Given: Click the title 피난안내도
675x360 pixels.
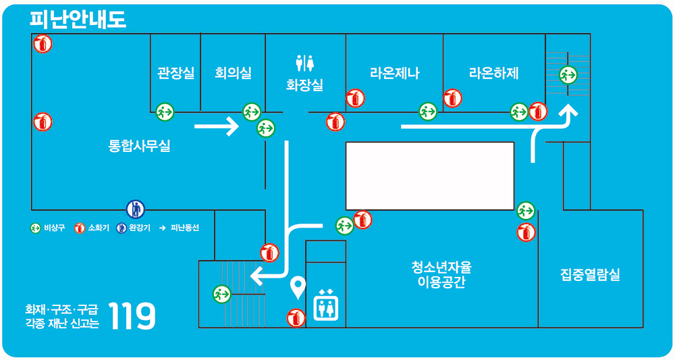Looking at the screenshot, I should click(x=78, y=19).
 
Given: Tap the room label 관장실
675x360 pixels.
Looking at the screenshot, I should click(x=175, y=72).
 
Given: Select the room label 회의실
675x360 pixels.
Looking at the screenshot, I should click(x=233, y=72).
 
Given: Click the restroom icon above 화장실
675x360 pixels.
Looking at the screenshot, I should click(x=305, y=63).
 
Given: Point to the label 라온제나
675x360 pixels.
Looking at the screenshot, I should click(x=394, y=73).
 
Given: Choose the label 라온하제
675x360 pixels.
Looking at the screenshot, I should click(x=493, y=73).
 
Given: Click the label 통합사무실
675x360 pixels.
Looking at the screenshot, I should click(x=140, y=145).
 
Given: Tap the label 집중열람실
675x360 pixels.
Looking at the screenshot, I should click(x=590, y=275).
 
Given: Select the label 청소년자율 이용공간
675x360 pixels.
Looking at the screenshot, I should click(x=442, y=274).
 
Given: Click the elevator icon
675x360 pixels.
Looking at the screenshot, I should click(x=326, y=305).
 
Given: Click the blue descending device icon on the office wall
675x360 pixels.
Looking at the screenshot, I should click(x=135, y=209).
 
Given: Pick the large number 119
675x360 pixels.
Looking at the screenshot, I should click(x=132, y=315).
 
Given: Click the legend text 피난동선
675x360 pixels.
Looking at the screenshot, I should click(x=185, y=228).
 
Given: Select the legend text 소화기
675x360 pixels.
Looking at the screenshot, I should click(x=99, y=228).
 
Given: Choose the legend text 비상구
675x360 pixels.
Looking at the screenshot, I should click(x=54, y=228).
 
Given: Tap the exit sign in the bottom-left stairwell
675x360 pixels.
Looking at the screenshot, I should click(x=221, y=294).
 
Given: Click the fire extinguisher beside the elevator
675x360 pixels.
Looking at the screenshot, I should click(x=296, y=317).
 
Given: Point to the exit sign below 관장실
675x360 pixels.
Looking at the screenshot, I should click(x=165, y=111).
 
